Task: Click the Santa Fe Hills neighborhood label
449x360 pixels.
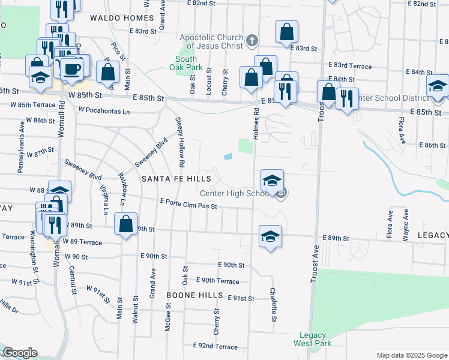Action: [x=176, y=179]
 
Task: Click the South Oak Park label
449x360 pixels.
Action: [x=186, y=63]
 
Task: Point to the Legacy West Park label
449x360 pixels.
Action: [x=312, y=340]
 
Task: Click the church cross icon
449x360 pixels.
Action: [x=252, y=41]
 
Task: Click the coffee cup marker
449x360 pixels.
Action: [x=71, y=68]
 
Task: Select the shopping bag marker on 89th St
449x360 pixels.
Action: [x=125, y=225]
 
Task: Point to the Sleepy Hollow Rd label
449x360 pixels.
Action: [x=179, y=142]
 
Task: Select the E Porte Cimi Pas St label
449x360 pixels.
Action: [x=188, y=206]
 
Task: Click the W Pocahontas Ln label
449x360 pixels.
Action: [x=104, y=111]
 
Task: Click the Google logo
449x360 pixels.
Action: [x=20, y=353]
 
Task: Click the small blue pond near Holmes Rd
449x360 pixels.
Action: [x=228, y=157]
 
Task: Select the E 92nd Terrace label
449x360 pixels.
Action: [x=215, y=346]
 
